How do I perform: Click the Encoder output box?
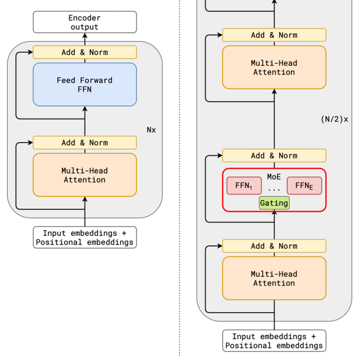click(85, 22)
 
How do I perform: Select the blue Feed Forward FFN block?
click(85, 84)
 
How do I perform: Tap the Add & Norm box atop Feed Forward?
click(85, 52)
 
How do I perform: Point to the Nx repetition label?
click(151, 130)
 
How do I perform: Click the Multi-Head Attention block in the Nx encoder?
click(85, 175)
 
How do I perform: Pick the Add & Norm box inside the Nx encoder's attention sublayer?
click(85, 142)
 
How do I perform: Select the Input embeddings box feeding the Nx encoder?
click(85, 237)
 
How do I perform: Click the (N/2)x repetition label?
click(334, 119)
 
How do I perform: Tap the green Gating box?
click(274, 203)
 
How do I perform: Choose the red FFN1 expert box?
click(244, 186)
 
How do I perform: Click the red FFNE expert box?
click(304, 186)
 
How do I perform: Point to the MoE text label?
click(274, 176)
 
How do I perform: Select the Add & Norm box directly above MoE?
click(274, 155)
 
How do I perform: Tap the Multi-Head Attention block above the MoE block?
click(274, 67)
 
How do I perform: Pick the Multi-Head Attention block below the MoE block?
click(274, 278)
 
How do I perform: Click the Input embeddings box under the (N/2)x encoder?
click(274, 341)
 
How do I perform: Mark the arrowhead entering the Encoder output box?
click(85, 36)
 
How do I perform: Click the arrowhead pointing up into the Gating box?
click(274, 213)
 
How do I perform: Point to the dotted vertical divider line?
click(179, 201)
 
